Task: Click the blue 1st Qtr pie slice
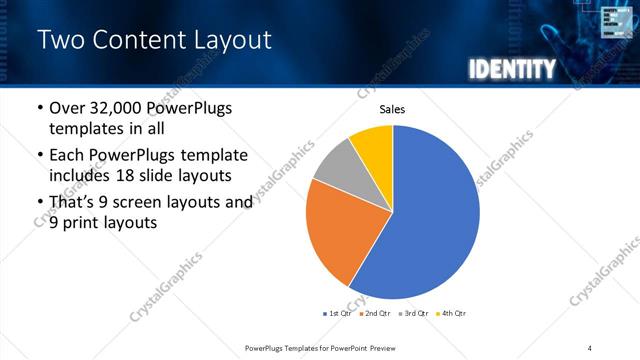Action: [430, 220]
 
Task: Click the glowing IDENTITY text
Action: [511, 69]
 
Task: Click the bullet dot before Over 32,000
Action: [39, 109]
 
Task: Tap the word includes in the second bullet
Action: [81, 176]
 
